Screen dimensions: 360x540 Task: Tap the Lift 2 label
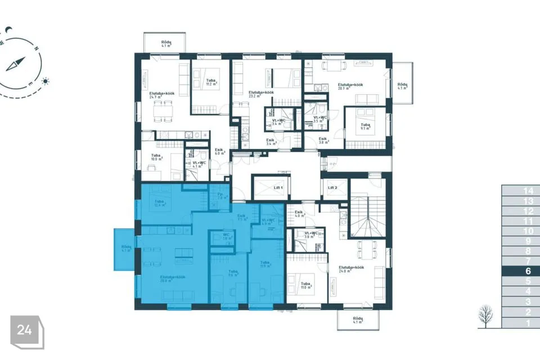pyautogui.click(x=332, y=187)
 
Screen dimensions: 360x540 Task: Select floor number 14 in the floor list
pyautogui.click(x=528, y=191)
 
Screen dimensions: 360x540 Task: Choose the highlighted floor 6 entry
pyautogui.click(x=528, y=271)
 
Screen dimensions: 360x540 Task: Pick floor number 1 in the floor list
pyautogui.click(x=528, y=323)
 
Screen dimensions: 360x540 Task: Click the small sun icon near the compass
pyautogui.click(x=45, y=81)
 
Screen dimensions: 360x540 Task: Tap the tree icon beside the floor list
pyautogui.click(x=485, y=317)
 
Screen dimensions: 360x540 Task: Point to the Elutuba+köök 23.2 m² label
pyautogui.click(x=261, y=93)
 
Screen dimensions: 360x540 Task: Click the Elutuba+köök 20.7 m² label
pyautogui.click(x=350, y=86)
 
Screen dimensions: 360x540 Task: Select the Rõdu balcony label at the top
pyautogui.click(x=166, y=43)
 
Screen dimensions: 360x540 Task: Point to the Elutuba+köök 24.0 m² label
pyautogui.click(x=350, y=269)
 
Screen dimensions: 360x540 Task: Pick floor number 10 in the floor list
pyautogui.click(x=528, y=231)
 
